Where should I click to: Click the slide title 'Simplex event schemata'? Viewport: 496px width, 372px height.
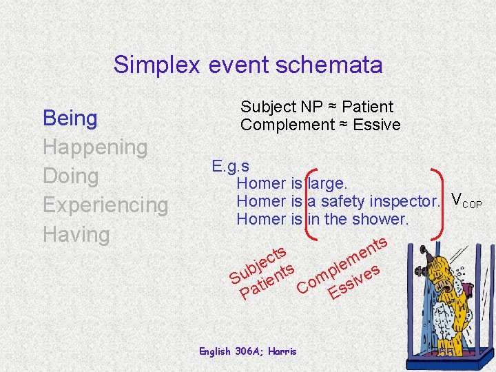point(248,65)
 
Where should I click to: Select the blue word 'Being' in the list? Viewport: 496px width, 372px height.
point(70,118)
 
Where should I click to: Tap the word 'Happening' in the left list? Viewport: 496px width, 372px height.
point(95,147)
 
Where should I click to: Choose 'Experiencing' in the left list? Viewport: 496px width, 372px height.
point(105,205)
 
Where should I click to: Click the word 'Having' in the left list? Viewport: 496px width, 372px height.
point(76,234)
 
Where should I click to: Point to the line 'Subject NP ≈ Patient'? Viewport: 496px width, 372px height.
point(316,107)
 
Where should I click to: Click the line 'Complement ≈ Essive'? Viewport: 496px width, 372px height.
point(320,125)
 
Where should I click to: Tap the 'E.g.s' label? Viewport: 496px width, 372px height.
point(231,166)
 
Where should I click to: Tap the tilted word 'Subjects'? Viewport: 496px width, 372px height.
point(258,265)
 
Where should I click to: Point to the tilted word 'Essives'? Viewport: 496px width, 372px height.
point(355,282)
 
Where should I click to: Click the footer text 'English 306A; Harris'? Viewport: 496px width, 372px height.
point(247,351)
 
